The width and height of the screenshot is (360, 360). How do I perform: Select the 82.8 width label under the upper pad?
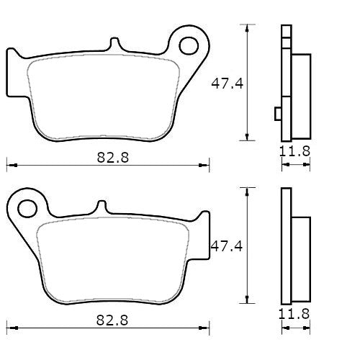pos(114,156)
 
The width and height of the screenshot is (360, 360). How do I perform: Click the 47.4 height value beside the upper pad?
pos(225,84)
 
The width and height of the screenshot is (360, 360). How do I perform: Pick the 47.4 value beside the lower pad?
pos(225,246)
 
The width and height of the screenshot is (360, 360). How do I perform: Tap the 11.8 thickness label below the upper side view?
pos(294,151)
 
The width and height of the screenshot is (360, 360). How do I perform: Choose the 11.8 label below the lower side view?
pos(294,314)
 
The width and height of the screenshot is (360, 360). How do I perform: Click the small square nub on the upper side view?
pos(278,112)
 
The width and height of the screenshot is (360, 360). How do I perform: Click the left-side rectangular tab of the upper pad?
pos(12,72)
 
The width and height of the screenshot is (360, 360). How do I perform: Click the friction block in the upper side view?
pos(301,96)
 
